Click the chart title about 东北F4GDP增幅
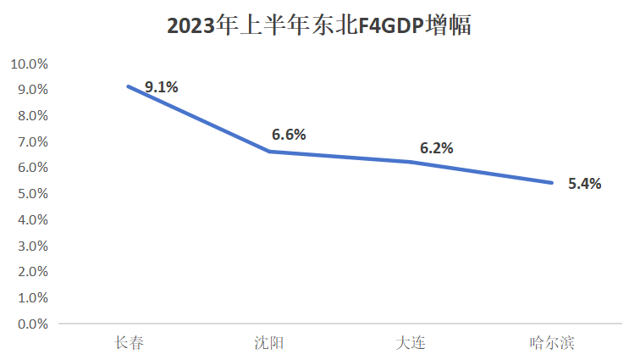[319, 26]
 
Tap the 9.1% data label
[161, 86]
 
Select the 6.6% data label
[289, 134]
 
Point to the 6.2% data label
[436, 147]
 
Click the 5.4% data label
[584, 183]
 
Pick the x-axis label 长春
[129, 343]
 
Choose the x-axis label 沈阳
[269, 343]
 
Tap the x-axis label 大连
[411, 343]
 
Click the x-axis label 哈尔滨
[552, 343]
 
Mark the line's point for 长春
[129, 86]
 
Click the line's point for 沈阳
[269, 152]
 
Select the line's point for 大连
[411, 162]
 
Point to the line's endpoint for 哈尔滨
[552, 182]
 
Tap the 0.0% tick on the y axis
[32, 324]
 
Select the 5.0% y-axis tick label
[32, 194]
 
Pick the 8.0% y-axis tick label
[32, 116]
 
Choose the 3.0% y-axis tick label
[32, 246]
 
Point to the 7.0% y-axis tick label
[32, 141]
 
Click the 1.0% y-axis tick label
[32, 298]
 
